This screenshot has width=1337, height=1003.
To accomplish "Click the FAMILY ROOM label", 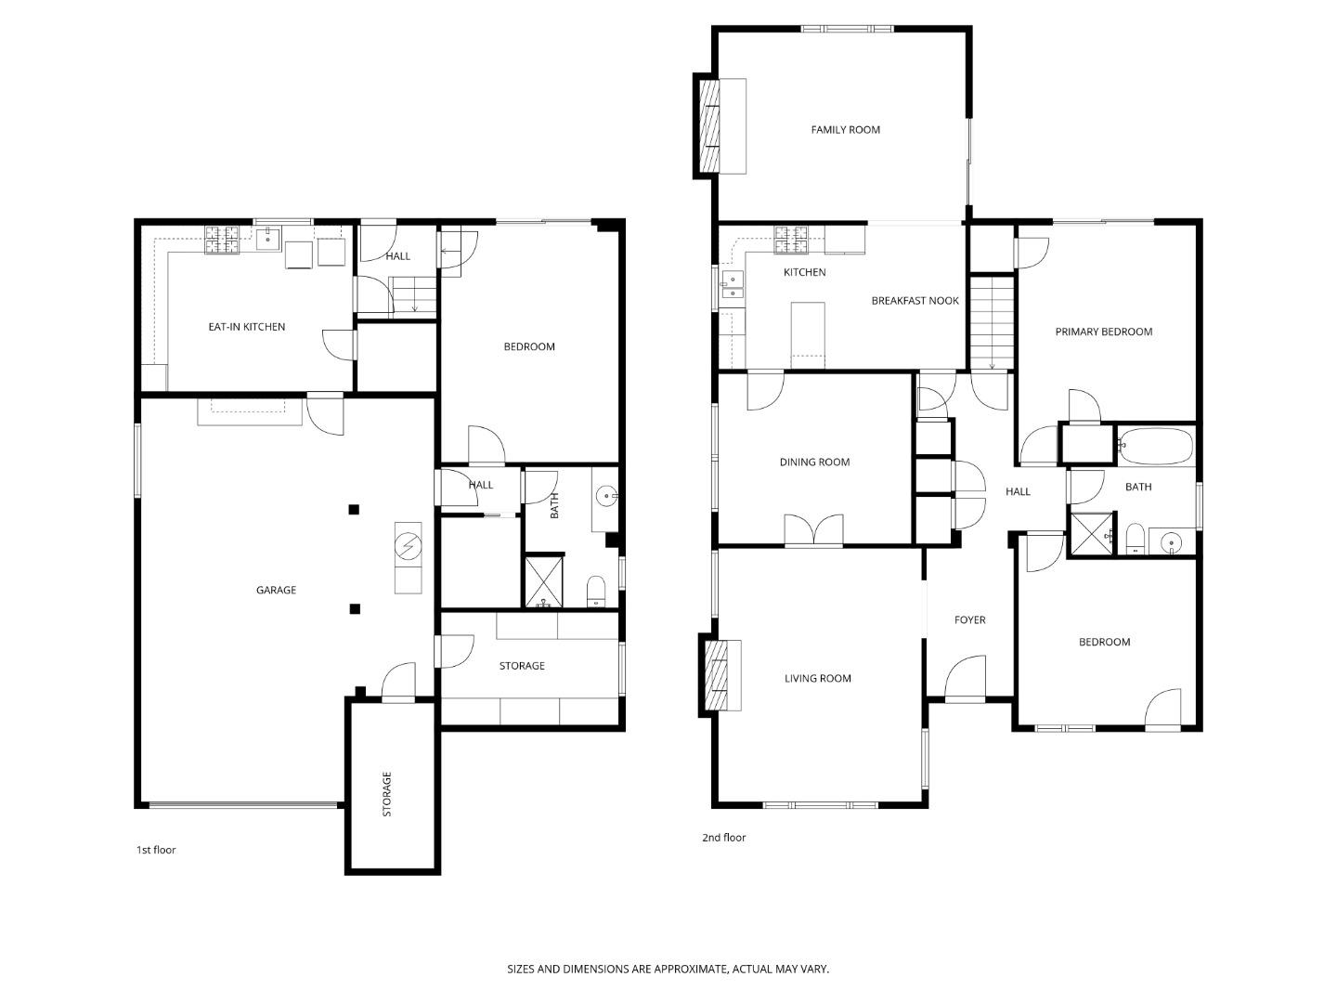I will tap(845, 130).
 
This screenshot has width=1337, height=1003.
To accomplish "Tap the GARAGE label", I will tap(276, 590).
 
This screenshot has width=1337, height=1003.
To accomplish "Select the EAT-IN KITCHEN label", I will tap(246, 327).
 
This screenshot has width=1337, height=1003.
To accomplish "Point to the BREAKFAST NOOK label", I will tap(915, 301).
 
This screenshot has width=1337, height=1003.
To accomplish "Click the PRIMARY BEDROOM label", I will tap(1103, 332).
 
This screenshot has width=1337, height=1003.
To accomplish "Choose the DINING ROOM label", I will tap(814, 462).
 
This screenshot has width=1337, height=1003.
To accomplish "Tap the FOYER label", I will tap(969, 620).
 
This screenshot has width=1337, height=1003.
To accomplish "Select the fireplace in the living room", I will tap(715, 675).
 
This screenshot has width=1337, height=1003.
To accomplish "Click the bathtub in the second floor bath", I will tap(1155, 446).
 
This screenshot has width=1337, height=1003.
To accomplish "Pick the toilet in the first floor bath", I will tap(596, 592).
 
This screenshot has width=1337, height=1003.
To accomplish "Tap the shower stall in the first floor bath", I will tap(544, 581).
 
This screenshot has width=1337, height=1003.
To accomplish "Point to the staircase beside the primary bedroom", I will tap(992, 321).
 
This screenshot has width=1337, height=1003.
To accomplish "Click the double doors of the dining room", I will tap(813, 530).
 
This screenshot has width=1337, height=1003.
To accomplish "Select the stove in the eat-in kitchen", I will tap(223, 241).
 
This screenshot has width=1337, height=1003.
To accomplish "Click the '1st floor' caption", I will tap(156, 850).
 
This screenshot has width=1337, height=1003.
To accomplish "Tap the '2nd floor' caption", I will tap(723, 838).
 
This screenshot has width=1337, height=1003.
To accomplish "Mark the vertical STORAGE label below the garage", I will tap(387, 794).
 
